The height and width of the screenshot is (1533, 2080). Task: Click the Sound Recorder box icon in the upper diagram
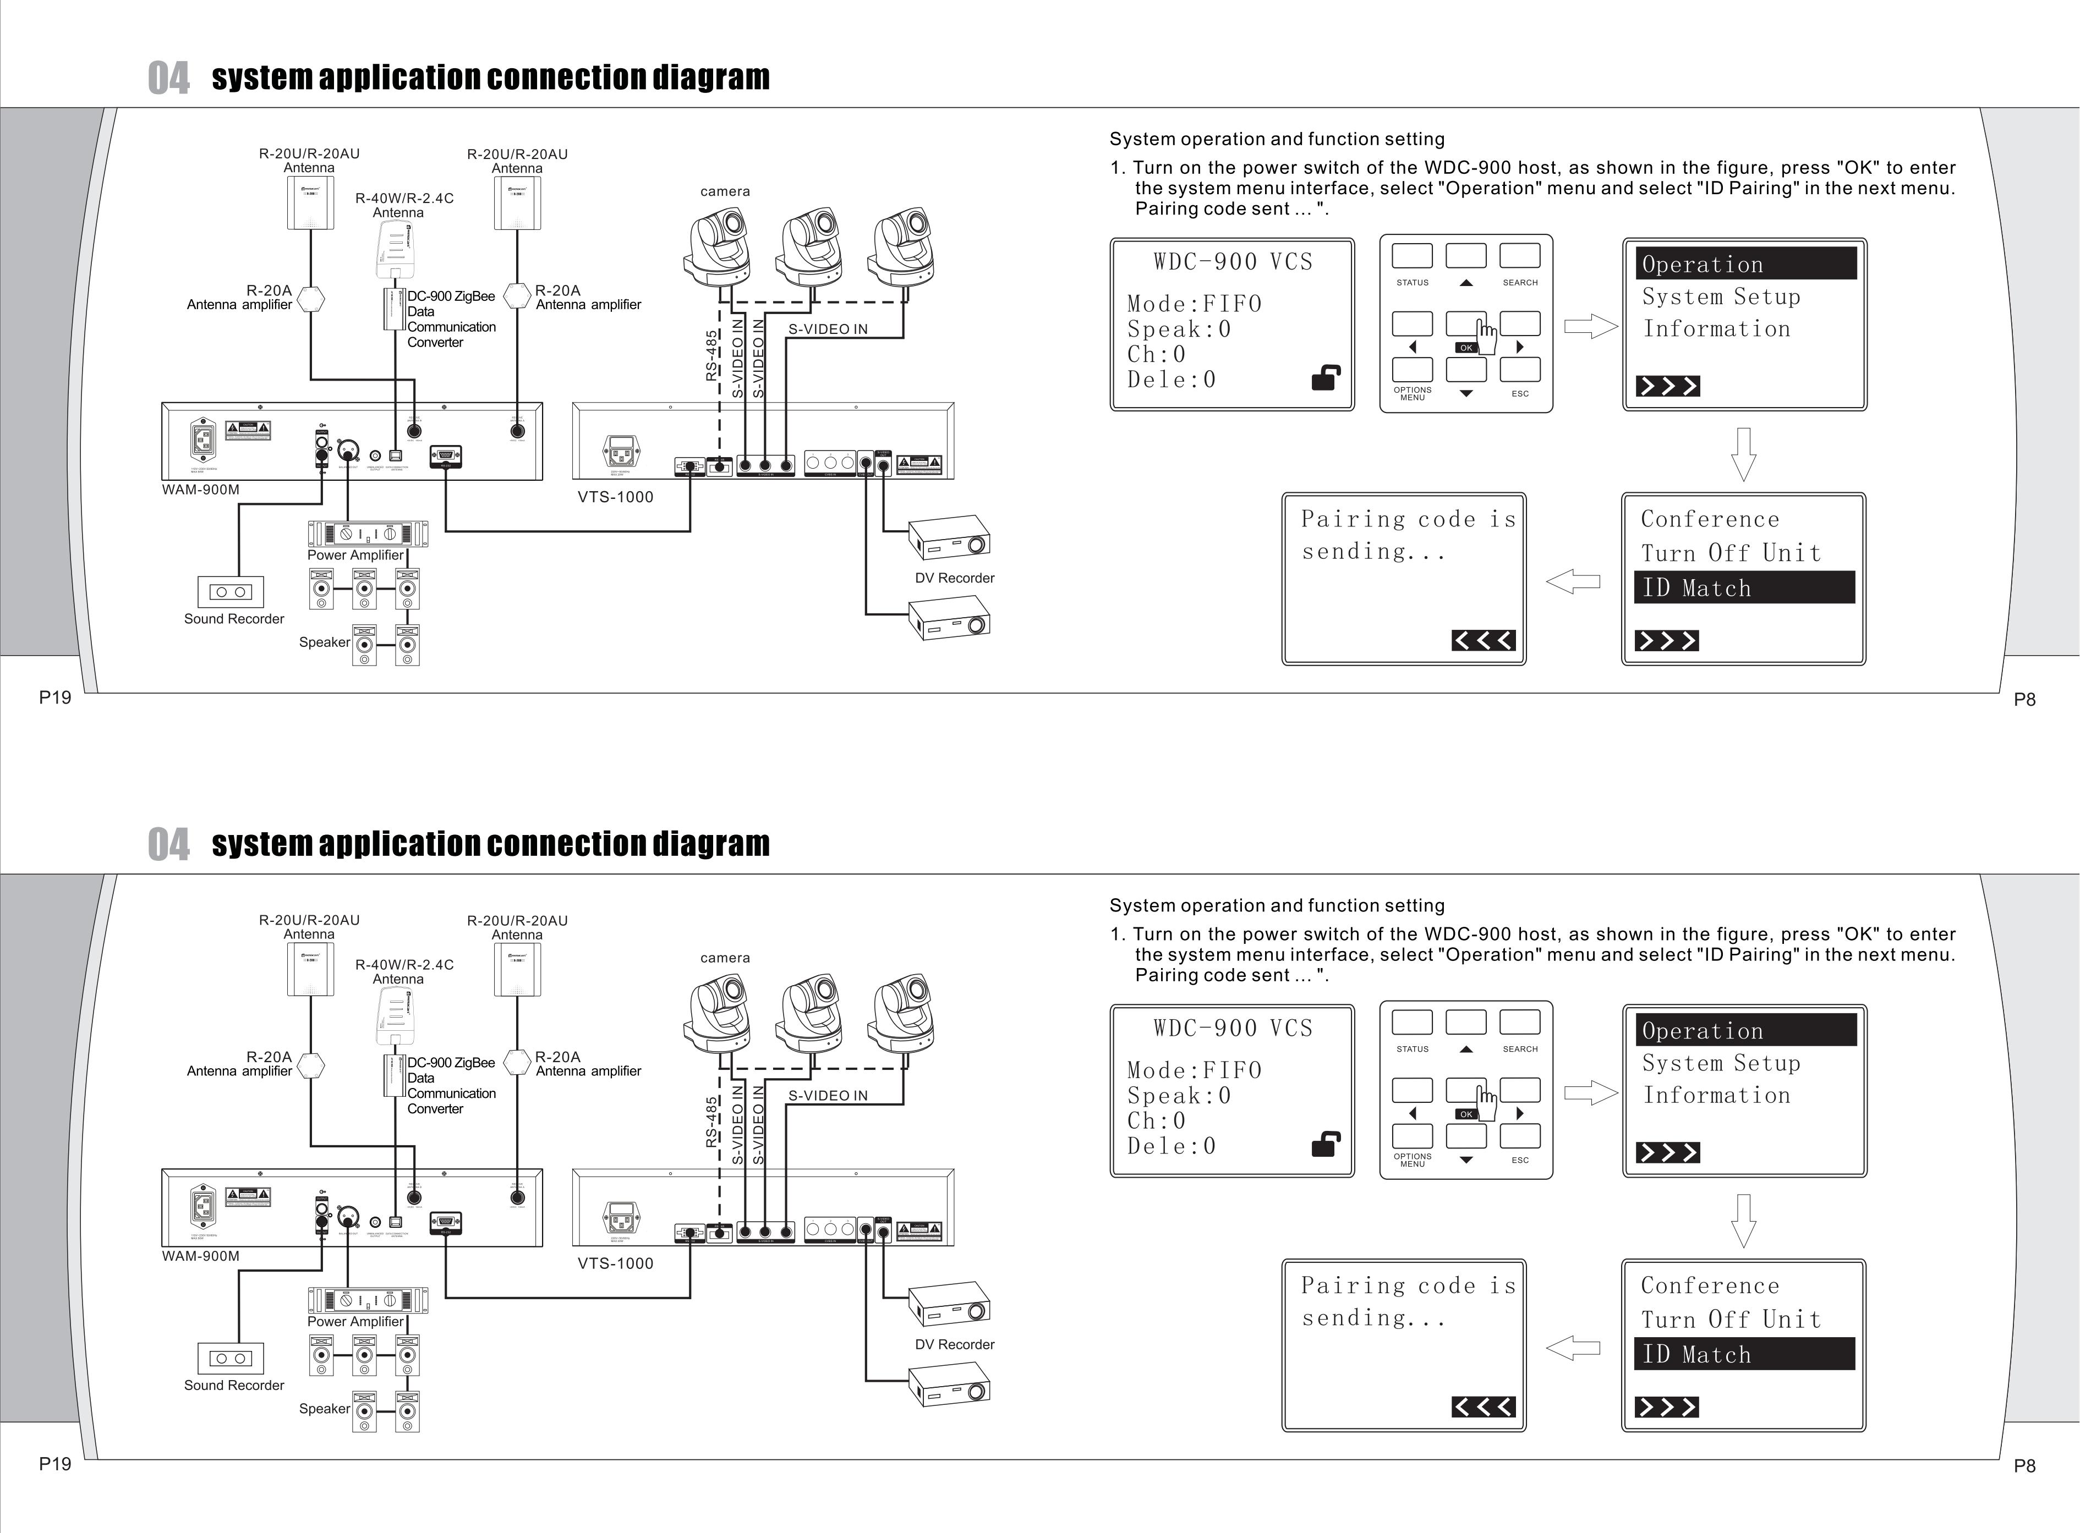(230, 591)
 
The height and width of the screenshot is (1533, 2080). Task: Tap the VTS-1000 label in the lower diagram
(615, 1263)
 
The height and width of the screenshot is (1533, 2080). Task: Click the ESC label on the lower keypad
(1519, 1160)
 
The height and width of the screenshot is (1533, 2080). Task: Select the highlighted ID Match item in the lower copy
(1744, 1354)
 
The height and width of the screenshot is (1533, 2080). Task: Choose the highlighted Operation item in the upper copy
(1745, 263)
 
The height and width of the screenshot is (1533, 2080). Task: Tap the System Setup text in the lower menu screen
(1721, 1063)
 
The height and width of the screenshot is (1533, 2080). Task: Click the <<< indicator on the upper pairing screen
(1483, 640)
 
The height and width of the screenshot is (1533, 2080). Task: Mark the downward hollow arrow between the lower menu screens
(1744, 1220)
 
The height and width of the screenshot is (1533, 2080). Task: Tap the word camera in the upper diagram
(725, 191)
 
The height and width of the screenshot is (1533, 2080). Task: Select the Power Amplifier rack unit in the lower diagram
(368, 1300)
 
